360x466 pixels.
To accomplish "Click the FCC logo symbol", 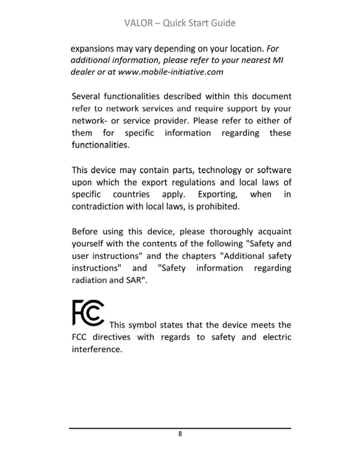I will [x=88, y=312].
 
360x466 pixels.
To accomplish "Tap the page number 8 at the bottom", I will [x=180, y=434].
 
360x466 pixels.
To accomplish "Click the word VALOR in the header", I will [x=139, y=23].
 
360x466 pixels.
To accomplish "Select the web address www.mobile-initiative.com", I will [x=171, y=72].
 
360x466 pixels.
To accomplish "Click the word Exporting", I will [x=217, y=194].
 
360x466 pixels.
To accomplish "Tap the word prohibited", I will [x=218, y=207].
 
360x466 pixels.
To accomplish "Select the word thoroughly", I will [x=231, y=232].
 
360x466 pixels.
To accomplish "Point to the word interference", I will [x=97, y=349].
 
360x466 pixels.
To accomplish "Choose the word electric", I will [x=277, y=337].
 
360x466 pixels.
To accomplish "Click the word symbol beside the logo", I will [x=142, y=325].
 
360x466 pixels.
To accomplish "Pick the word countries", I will [x=131, y=194].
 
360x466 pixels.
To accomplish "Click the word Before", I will [x=85, y=232].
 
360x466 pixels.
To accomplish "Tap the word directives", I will [x=111, y=337].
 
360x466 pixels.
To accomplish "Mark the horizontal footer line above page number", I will [x=180, y=428].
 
